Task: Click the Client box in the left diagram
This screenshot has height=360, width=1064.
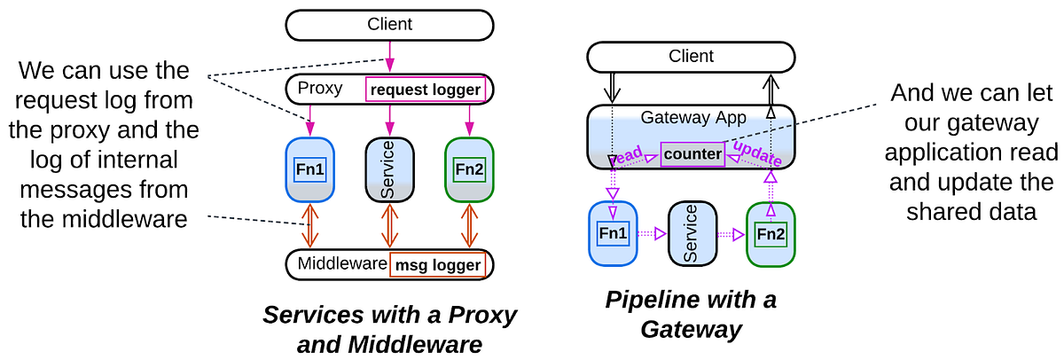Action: click(x=390, y=25)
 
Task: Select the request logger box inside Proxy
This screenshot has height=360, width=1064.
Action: click(x=426, y=90)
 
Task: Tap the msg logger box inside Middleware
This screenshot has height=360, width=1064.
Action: click(x=437, y=265)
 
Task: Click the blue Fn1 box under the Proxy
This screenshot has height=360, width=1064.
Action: click(x=309, y=168)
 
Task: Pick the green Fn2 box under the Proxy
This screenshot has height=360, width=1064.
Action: click(x=469, y=168)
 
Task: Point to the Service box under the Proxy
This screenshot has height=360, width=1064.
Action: click(x=390, y=168)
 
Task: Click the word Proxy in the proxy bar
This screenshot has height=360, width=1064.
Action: click(x=320, y=89)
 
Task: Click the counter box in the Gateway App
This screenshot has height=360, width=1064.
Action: click(x=692, y=153)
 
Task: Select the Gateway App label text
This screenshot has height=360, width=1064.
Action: click(x=692, y=118)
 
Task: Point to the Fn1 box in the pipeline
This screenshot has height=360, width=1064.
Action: click(x=614, y=234)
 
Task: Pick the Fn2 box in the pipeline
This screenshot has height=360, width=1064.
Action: click(x=771, y=234)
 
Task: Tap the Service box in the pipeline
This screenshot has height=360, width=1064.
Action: click(x=692, y=234)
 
